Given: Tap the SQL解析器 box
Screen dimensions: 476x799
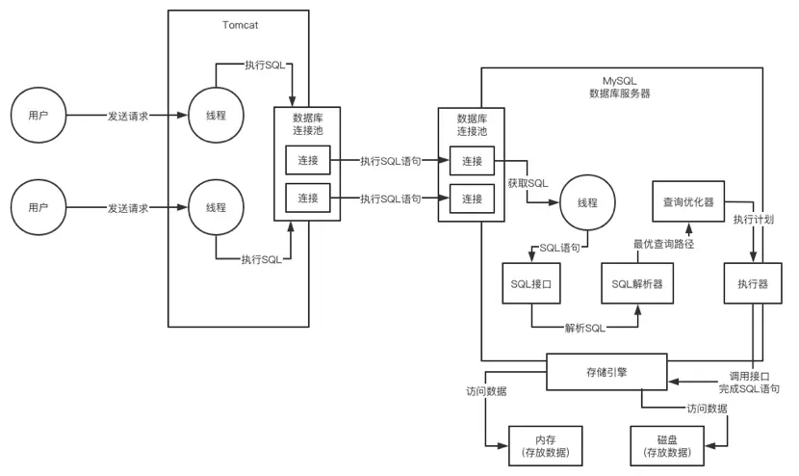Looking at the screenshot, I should pyautogui.click(x=637, y=284).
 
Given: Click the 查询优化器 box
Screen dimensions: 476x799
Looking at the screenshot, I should pyautogui.click(x=687, y=202).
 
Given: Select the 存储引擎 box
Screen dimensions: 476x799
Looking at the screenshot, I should pyautogui.click(x=606, y=371).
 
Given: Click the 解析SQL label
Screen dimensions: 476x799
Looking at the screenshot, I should pyautogui.click(x=584, y=328).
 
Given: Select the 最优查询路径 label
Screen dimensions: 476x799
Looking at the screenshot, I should pyautogui.click(x=663, y=244).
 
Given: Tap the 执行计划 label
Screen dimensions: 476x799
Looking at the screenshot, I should pyautogui.click(x=753, y=220).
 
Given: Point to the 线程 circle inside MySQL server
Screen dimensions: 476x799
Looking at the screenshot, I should pyautogui.click(x=586, y=203).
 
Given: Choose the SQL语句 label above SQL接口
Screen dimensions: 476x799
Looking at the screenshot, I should pyautogui.click(x=559, y=248).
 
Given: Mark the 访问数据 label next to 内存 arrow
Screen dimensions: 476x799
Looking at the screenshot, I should pyautogui.click(x=485, y=391).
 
